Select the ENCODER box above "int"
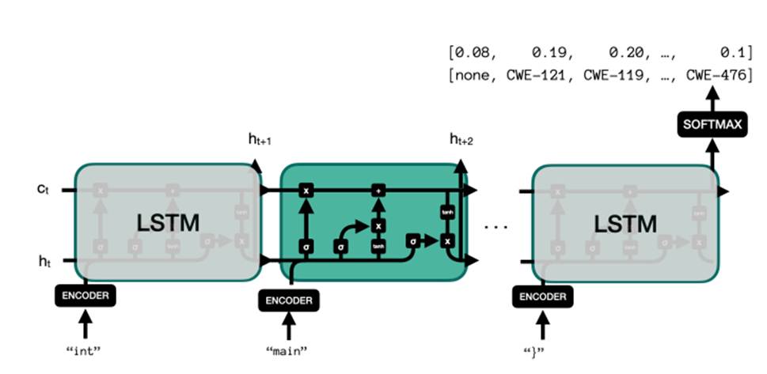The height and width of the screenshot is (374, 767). (x=85, y=297)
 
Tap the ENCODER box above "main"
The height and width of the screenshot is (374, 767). (x=289, y=300)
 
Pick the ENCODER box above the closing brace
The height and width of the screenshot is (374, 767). (x=542, y=297)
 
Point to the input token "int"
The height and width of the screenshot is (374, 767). (x=85, y=349)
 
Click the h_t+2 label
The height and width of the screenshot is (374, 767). (x=461, y=140)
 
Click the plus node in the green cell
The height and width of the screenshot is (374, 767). (x=378, y=191)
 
